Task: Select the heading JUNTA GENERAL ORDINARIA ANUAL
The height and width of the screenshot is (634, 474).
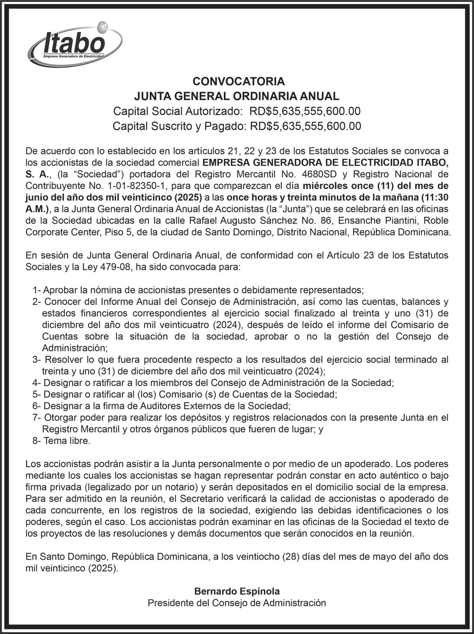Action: pos(237,96)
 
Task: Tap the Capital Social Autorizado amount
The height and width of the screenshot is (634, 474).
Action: pos(305,111)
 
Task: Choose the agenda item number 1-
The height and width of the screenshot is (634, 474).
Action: pos(36,290)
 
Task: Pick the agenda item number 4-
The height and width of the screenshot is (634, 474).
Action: pos(36,383)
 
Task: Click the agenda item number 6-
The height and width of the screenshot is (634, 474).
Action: pos(36,406)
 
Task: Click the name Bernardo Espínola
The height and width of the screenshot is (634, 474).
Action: pos(237,591)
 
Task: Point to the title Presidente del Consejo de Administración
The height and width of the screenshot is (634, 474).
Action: pos(237,603)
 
